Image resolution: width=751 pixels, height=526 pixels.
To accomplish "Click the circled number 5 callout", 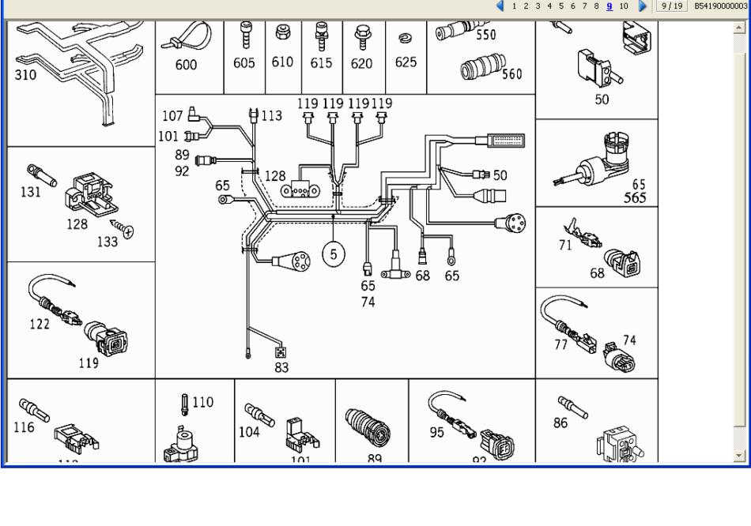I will click(334, 254).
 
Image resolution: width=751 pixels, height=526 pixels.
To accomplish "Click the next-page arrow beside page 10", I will click(643, 6).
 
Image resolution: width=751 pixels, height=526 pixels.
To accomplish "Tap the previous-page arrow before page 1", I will click(500, 6).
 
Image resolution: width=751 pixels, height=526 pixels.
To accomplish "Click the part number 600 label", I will click(186, 66).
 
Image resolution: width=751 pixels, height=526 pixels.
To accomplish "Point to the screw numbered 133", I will click(123, 230).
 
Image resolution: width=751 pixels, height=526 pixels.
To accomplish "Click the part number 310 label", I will click(25, 76).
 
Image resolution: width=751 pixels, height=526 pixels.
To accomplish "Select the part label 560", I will click(511, 74).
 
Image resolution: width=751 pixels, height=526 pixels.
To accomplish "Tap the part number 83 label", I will click(282, 367).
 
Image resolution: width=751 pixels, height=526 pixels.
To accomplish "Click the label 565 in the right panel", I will click(635, 197).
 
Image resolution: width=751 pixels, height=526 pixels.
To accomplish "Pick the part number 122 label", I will click(40, 324).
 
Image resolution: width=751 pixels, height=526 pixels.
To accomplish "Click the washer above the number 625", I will click(406, 38).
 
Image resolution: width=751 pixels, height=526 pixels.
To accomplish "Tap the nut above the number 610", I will click(281, 34).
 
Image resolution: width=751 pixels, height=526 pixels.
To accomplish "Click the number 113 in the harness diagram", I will click(271, 116).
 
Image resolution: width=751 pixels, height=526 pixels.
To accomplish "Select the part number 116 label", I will click(25, 427).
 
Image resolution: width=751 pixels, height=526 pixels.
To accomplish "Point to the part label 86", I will click(560, 423).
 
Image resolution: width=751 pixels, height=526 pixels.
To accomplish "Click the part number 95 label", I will click(437, 432).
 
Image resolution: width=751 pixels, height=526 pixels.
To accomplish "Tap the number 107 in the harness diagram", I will click(172, 116).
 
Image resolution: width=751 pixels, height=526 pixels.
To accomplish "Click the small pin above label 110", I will click(184, 404).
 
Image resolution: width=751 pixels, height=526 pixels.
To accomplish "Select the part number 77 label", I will click(560, 344).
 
